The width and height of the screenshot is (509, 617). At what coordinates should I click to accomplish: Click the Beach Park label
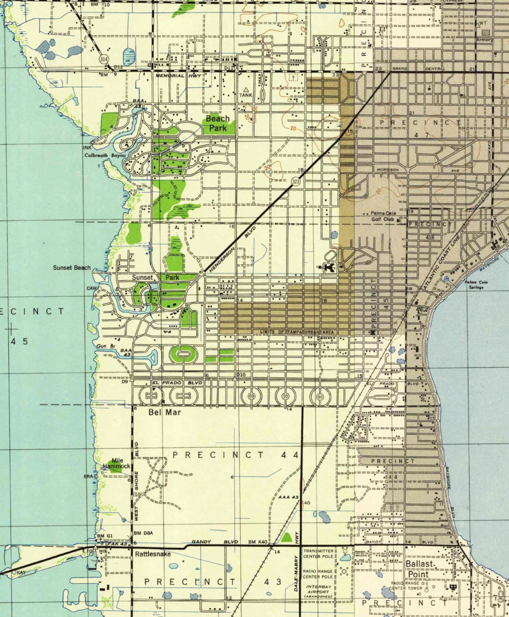click(218, 123)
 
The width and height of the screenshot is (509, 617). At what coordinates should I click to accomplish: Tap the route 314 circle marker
click(104, 59)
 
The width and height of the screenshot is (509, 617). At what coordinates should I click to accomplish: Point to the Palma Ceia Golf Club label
click(383, 216)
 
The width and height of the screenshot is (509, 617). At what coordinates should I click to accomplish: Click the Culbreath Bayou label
click(105, 155)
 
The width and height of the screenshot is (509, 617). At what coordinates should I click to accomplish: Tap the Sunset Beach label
click(72, 267)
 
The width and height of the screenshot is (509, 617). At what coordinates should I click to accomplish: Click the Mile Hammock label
click(117, 463)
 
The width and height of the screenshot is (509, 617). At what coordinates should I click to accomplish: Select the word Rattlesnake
click(153, 554)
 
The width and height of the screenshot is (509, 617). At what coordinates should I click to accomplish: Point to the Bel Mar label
click(164, 412)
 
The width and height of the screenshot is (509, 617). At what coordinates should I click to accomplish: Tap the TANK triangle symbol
click(246, 90)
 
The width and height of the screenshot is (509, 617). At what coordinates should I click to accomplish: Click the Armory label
click(484, 40)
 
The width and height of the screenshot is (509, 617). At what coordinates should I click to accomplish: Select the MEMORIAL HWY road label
click(178, 76)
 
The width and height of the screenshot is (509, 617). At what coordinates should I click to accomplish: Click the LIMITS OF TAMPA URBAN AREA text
click(297, 332)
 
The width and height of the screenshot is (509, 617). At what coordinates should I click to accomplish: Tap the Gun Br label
click(106, 346)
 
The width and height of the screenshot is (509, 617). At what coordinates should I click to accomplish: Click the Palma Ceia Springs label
click(476, 284)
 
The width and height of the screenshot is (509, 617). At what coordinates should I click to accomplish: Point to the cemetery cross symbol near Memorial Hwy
click(293, 77)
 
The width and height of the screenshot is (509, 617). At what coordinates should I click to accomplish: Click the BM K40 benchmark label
click(258, 542)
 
